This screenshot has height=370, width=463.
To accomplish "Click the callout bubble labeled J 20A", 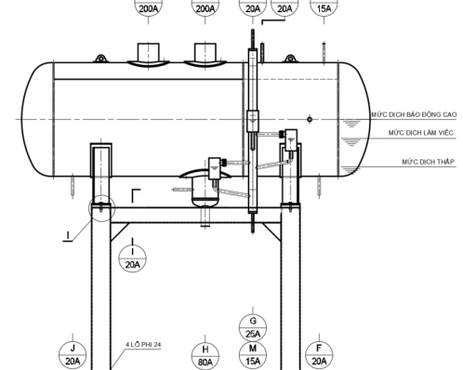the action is click(x=73, y=355).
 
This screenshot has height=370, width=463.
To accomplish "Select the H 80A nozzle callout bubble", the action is click(x=205, y=356).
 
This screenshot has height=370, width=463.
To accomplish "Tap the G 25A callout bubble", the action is click(x=253, y=327).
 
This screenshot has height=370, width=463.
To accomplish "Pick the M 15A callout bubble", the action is click(x=253, y=355).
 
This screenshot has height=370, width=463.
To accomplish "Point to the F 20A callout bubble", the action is click(x=319, y=355).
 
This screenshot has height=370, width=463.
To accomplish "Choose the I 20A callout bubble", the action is click(x=133, y=258).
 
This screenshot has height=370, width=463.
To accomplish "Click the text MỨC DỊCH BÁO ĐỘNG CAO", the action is click(x=414, y=114).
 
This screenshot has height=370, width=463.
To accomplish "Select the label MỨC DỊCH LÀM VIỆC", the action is click(x=421, y=133).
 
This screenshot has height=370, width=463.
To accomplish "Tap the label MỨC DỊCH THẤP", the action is click(x=429, y=162).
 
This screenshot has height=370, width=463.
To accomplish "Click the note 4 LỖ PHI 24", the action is click(x=143, y=345).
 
